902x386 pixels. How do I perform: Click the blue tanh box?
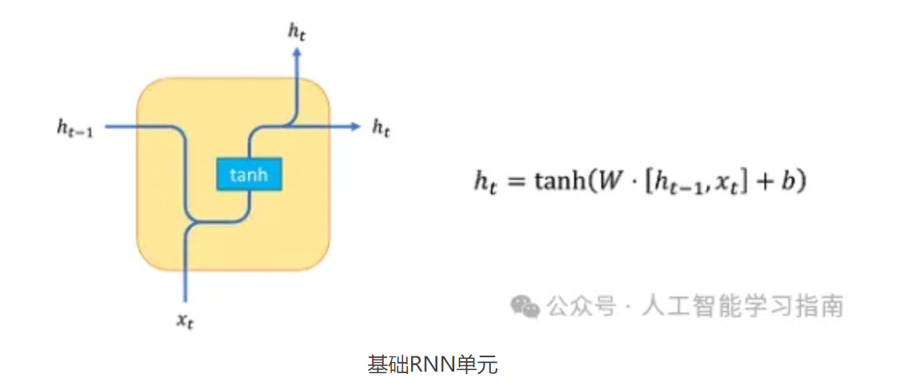(249, 175)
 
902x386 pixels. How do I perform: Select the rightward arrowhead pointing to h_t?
(354, 126)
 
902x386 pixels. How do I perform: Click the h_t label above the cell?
(297, 31)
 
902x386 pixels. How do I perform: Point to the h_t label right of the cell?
(381, 127)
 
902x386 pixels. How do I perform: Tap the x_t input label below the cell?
(186, 321)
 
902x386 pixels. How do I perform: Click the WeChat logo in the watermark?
(525, 305)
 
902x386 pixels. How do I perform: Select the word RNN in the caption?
(432, 365)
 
